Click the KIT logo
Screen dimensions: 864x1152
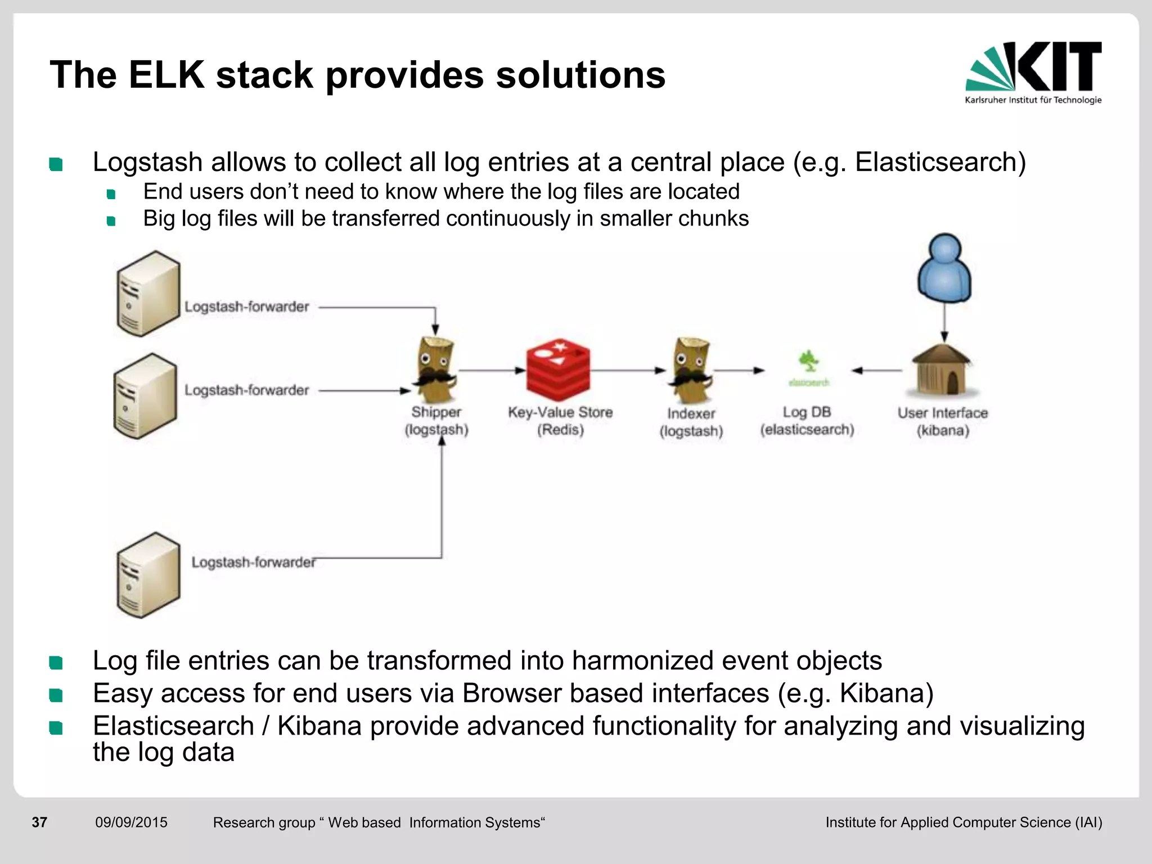click(x=1033, y=72)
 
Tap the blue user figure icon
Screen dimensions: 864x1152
click(x=944, y=268)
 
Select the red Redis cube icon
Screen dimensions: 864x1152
click(x=558, y=370)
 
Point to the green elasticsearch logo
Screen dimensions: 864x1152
click(x=808, y=368)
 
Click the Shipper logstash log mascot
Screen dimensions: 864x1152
click(x=435, y=370)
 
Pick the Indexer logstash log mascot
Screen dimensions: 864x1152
click(x=691, y=370)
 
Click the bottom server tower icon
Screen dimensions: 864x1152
click(x=148, y=575)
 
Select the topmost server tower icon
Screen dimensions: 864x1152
click(x=148, y=294)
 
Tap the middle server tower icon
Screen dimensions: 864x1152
click(x=145, y=396)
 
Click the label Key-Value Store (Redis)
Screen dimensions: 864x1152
click(x=560, y=421)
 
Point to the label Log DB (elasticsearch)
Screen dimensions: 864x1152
click(x=807, y=421)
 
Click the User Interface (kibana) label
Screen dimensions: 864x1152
click(x=943, y=421)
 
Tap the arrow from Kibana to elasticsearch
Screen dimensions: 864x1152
click(x=877, y=370)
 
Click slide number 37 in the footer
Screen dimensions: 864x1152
click(x=39, y=822)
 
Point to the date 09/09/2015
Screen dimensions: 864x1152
click(x=131, y=822)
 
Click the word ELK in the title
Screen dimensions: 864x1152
click(x=166, y=75)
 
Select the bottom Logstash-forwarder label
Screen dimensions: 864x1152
click(x=253, y=562)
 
